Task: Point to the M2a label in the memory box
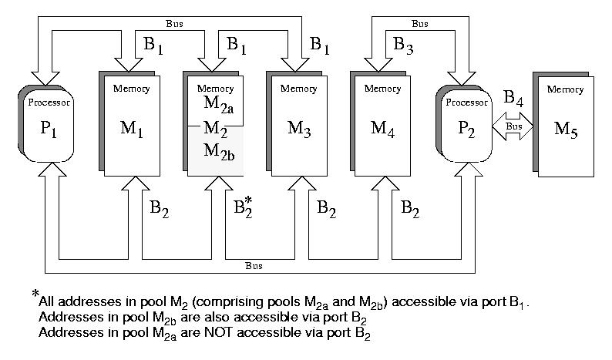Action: (218, 103)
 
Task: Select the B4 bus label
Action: (512, 98)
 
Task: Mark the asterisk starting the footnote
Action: (34, 294)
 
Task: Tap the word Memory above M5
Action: (565, 89)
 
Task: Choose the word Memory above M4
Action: (382, 89)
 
